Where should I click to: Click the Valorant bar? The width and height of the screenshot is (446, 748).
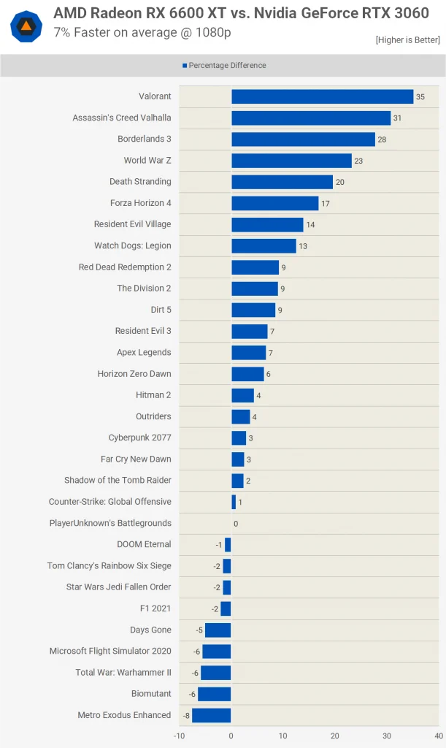(x=323, y=96)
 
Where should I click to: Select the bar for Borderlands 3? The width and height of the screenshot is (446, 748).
(x=303, y=140)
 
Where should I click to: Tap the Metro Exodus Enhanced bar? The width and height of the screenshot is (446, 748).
(x=212, y=716)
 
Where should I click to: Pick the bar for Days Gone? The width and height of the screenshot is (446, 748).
(x=218, y=630)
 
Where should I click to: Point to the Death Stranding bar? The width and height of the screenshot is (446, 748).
(x=282, y=182)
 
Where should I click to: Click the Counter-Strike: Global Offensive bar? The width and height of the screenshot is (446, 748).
(x=234, y=502)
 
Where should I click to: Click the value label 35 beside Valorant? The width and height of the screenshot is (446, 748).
(x=420, y=97)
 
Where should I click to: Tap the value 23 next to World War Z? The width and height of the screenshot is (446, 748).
(x=358, y=161)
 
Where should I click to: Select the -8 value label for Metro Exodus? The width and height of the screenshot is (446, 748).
(x=186, y=716)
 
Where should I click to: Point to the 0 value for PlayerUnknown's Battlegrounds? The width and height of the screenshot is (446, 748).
(x=236, y=524)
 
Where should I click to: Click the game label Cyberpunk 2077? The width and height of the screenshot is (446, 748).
(x=139, y=438)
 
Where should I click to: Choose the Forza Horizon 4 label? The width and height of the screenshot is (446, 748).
(x=141, y=203)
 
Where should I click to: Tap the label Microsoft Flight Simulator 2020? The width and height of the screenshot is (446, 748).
(x=110, y=651)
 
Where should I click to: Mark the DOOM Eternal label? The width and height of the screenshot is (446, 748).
(x=144, y=543)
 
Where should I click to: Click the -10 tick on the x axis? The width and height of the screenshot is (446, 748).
(x=179, y=736)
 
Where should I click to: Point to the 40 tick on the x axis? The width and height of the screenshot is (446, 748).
(x=439, y=736)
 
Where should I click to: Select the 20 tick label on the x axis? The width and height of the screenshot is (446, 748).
(x=335, y=736)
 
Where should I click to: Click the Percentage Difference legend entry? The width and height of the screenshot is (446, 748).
(x=224, y=65)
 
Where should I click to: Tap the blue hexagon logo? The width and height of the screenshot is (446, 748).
(x=26, y=27)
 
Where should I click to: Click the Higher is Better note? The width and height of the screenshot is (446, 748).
(x=408, y=40)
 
